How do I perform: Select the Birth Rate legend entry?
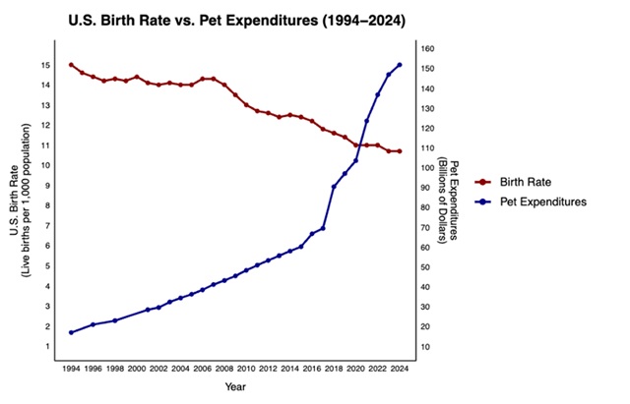point(531,183)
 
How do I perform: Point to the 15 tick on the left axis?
point(46,65)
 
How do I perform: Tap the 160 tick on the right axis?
point(428,48)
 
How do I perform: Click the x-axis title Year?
point(235,388)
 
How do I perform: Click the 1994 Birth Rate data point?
point(71,65)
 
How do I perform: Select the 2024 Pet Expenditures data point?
point(399,65)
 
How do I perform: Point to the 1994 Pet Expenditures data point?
point(71,332)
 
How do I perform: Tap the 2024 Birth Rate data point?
point(399,151)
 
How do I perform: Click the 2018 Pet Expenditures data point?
point(334,187)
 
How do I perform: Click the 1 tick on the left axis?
point(47,346)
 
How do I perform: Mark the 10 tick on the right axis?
point(426,346)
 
